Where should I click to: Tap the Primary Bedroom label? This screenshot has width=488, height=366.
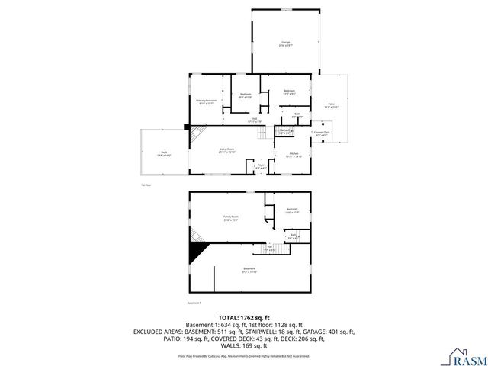(207, 101)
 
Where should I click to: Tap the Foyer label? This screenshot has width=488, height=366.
(260, 165)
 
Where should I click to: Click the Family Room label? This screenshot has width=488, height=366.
(231, 218)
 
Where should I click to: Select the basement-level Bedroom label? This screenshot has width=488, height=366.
(292, 211)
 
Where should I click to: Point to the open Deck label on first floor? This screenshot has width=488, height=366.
(163, 153)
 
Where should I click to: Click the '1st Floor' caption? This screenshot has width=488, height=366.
(146, 185)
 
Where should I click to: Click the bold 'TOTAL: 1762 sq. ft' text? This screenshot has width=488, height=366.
(243, 317)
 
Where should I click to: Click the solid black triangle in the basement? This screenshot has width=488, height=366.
(197, 252)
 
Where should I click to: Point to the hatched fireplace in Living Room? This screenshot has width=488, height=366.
(196, 135)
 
